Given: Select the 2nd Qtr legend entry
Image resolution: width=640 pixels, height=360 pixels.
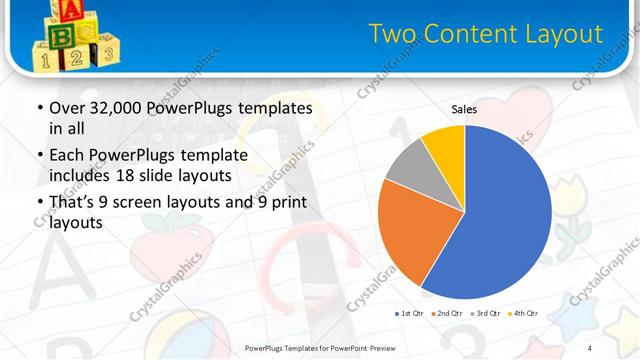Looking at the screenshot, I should (x=448, y=314).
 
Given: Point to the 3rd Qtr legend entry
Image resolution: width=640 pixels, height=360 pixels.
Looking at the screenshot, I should (x=486, y=314).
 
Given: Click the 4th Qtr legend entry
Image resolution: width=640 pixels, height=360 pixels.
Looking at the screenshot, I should (x=525, y=314).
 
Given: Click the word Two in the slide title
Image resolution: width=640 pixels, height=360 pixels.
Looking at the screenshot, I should (x=391, y=35).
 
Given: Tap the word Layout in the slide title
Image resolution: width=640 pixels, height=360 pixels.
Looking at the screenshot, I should (x=569, y=35).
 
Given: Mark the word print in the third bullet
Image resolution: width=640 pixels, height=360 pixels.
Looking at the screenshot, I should (x=289, y=203).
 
